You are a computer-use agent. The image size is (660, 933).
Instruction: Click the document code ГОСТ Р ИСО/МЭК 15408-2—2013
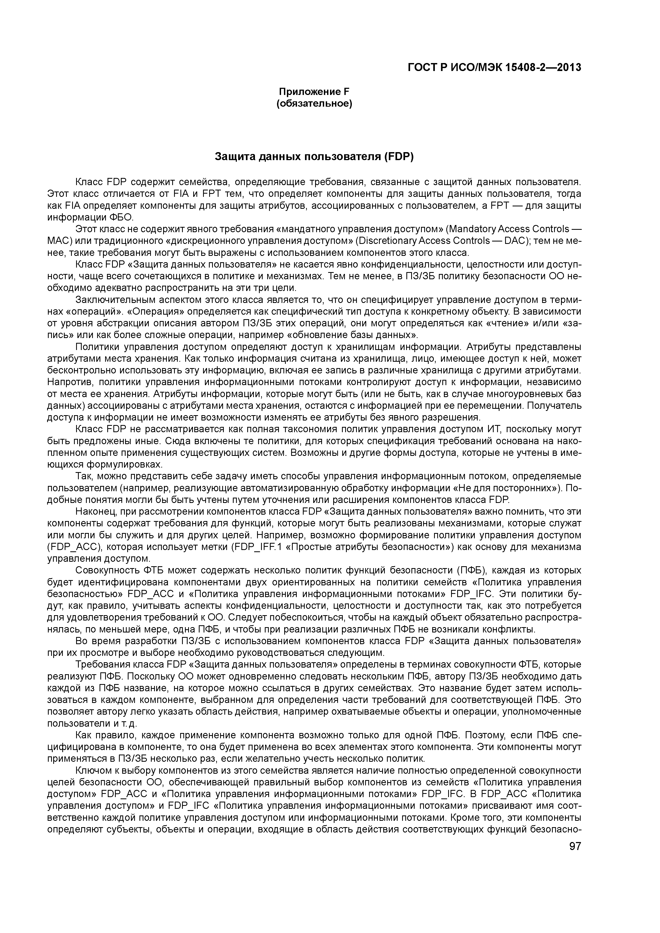[x=494, y=68]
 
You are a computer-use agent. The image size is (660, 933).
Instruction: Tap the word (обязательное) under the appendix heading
[x=314, y=104]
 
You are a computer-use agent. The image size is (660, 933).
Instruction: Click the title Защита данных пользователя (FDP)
[x=314, y=157]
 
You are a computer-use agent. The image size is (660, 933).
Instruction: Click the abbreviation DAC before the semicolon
[x=517, y=241]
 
